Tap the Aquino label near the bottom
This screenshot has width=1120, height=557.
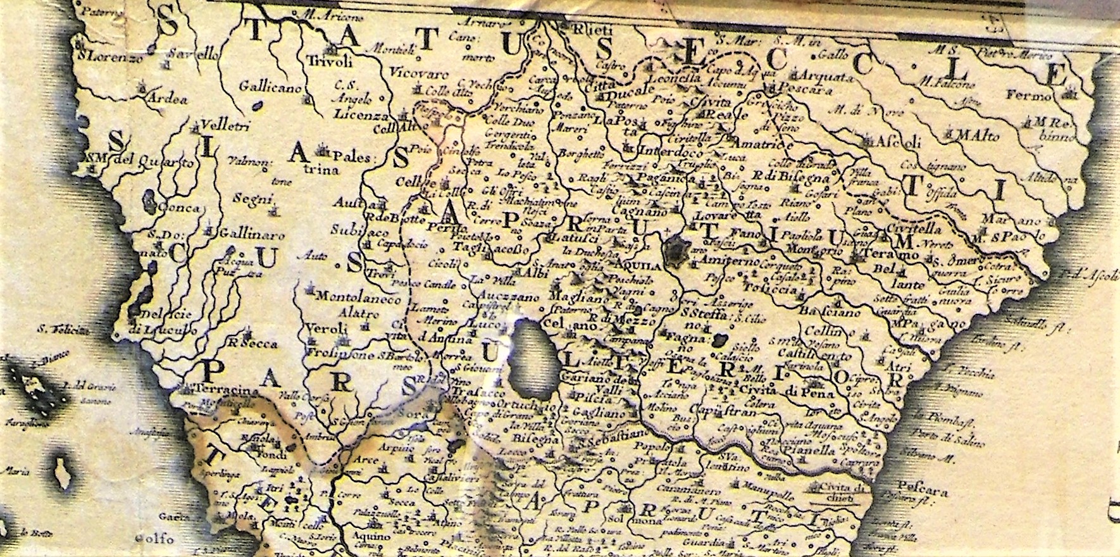[359, 535]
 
